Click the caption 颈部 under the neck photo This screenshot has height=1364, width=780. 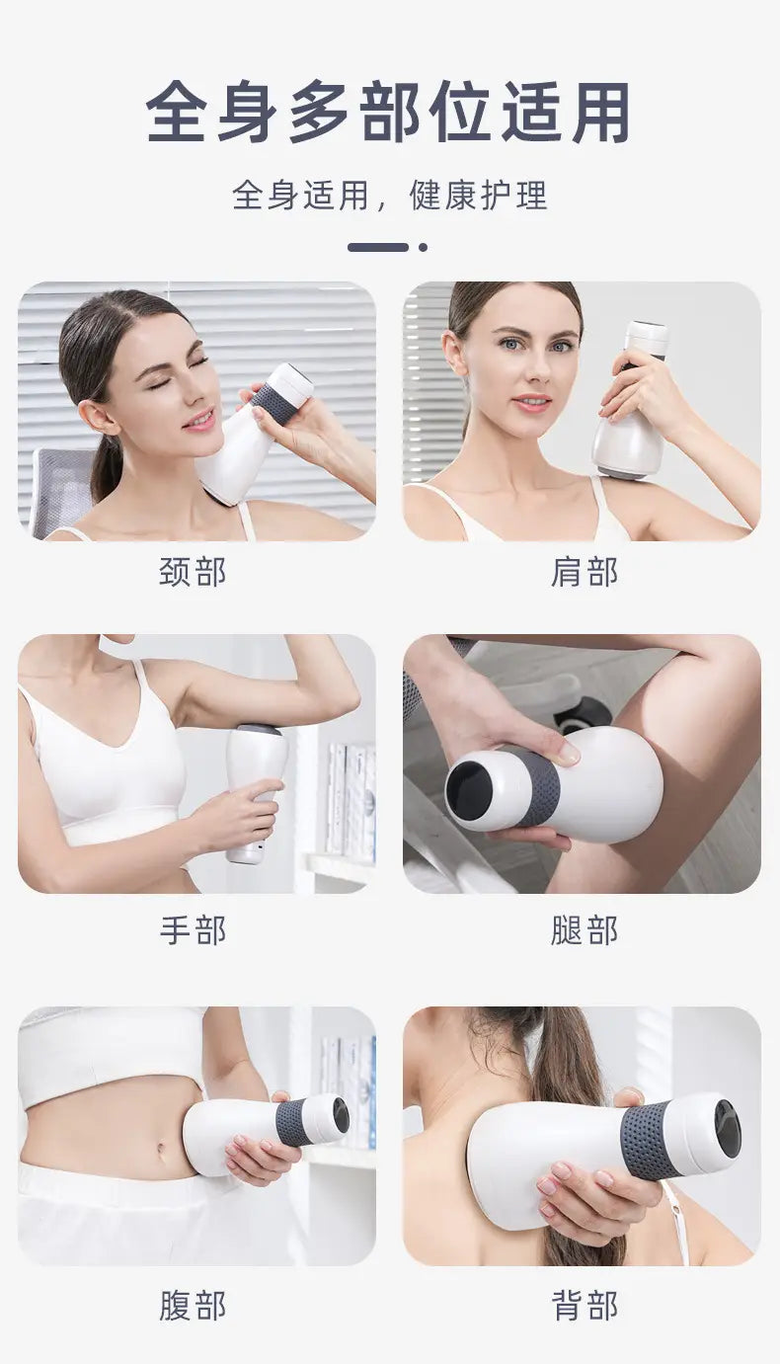click(x=193, y=572)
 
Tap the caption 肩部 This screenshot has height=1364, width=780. click(x=585, y=572)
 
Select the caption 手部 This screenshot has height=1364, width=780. click(x=193, y=930)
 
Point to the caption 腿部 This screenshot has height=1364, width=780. click(x=585, y=930)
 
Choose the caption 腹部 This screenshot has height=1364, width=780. click(x=193, y=1306)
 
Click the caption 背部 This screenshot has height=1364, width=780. click(x=585, y=1306)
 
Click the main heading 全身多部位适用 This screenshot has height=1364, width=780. click(x=388, y=113)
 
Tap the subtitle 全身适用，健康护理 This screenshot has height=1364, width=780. click(x=390, y=195)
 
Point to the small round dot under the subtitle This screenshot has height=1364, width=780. click(x=424, y=247)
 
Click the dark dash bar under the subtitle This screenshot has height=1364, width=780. click(x=378, y=247)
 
